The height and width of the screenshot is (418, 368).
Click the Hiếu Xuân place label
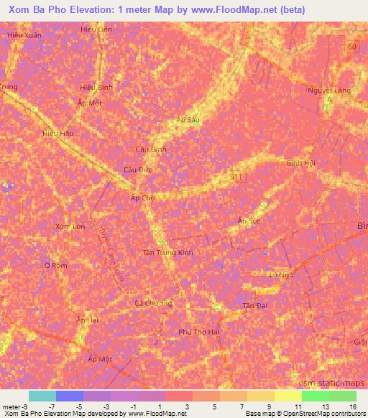[x=24, y=34]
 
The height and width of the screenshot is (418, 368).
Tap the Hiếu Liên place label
[x=96, y=29]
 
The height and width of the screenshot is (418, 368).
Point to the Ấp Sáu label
[x=188, y=120]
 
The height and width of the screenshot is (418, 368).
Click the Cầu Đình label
[x=151, y=149]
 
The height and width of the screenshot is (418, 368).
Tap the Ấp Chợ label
[x=142, y=198]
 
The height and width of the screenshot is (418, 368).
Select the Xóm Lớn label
[x=70, y=226]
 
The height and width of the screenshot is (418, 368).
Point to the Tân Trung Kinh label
[x=167, y=252]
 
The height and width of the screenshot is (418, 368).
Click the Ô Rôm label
[x=55, y=265]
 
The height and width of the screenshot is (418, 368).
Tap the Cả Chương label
[x=154, y=303]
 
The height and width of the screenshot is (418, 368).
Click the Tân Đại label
[x=254, y=306]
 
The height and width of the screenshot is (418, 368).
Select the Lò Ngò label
[x=282, y=274]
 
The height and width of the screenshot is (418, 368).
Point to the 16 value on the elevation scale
[x=352, y=407]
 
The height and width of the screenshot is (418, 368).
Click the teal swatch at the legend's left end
[x=42, y=396]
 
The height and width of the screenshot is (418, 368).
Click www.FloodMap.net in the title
[x=240, y=10]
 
